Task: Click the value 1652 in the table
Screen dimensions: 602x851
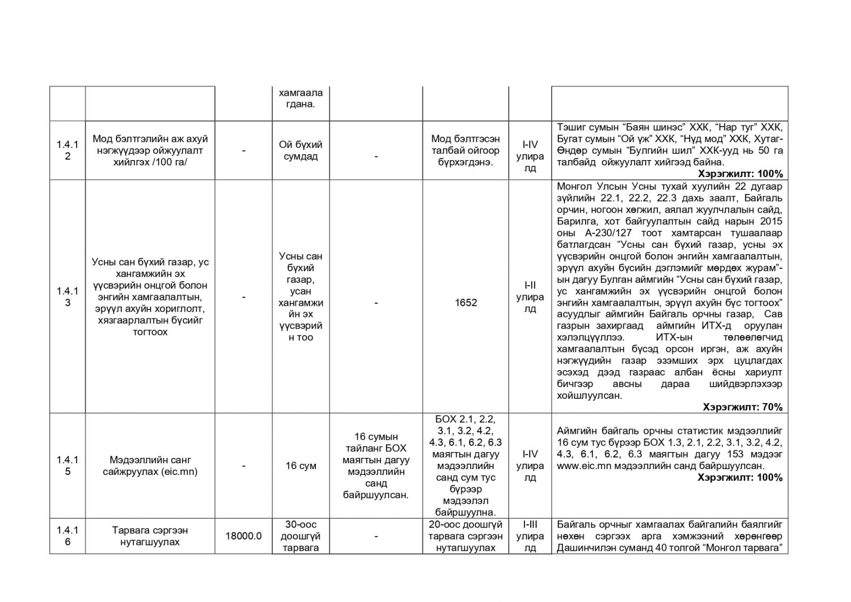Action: pos(465,303)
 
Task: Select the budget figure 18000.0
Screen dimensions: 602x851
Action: pos(244,536)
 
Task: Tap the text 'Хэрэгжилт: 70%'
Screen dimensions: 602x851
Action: pos(742,407)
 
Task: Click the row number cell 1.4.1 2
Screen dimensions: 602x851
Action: pos(68,150)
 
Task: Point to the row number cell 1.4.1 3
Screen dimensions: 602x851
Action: pos(68,297)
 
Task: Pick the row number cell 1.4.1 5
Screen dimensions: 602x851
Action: pos(68,465)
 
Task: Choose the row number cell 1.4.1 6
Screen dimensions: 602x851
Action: pos(68,536)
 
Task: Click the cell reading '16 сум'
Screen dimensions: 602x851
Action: pos(301,466)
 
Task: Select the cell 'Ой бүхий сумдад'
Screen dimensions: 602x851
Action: pos(301,150)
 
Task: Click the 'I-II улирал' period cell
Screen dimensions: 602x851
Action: pos(530,297)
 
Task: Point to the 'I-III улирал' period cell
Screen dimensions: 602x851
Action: pos(530,536)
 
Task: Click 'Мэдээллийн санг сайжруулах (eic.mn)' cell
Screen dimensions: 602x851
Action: pos(150,465)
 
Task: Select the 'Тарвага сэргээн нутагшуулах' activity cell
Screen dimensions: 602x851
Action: pos(150,536)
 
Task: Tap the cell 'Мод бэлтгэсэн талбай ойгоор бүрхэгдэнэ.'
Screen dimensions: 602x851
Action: pos(465,150)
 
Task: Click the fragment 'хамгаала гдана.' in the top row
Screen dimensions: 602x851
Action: pos(301,98)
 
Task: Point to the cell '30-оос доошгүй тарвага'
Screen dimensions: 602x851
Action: pos(301,536)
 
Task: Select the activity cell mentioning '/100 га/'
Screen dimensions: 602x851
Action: pos(150,150)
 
